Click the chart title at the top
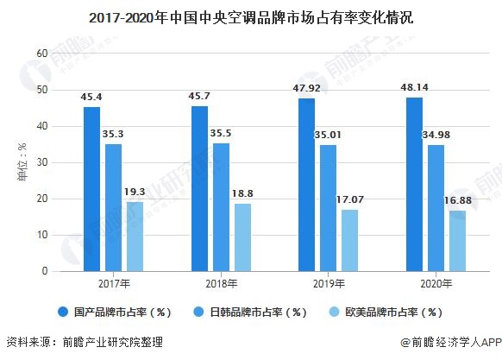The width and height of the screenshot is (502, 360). coord(251,16)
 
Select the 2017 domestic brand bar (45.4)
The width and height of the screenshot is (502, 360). coord(92,189)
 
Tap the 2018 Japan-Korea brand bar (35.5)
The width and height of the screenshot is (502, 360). coord(221,207)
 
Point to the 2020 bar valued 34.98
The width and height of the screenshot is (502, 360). coord(436,207)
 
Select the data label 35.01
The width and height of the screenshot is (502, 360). coord(328,135)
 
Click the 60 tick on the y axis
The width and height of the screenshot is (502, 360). coord(41,54)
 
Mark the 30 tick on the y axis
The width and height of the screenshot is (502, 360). coord(41,162)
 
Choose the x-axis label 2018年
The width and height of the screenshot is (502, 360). coord(221,282)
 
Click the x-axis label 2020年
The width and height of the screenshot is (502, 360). coord(436,282)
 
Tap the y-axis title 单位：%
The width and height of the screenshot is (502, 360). coord(22,162)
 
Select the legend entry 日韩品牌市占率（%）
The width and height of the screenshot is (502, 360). coord(253,312)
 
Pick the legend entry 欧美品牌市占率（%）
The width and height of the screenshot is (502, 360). coord(390,312)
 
